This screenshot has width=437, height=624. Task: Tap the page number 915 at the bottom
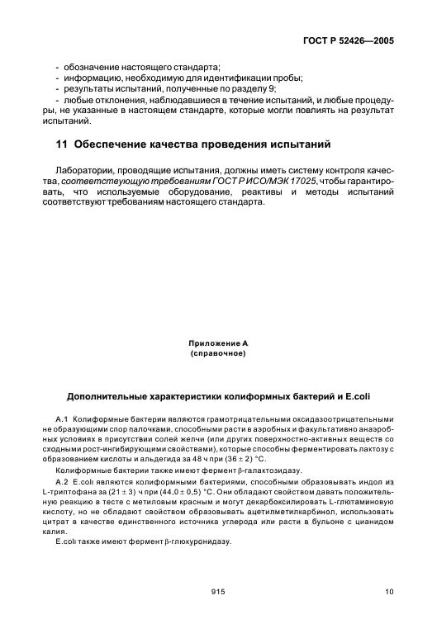pyautogui.click(x=218, y=590)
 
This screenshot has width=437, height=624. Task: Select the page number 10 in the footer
pyautogui.click(x=389, y=590)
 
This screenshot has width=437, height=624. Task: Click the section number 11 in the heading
pyautogui.click(x=60, y=145)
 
